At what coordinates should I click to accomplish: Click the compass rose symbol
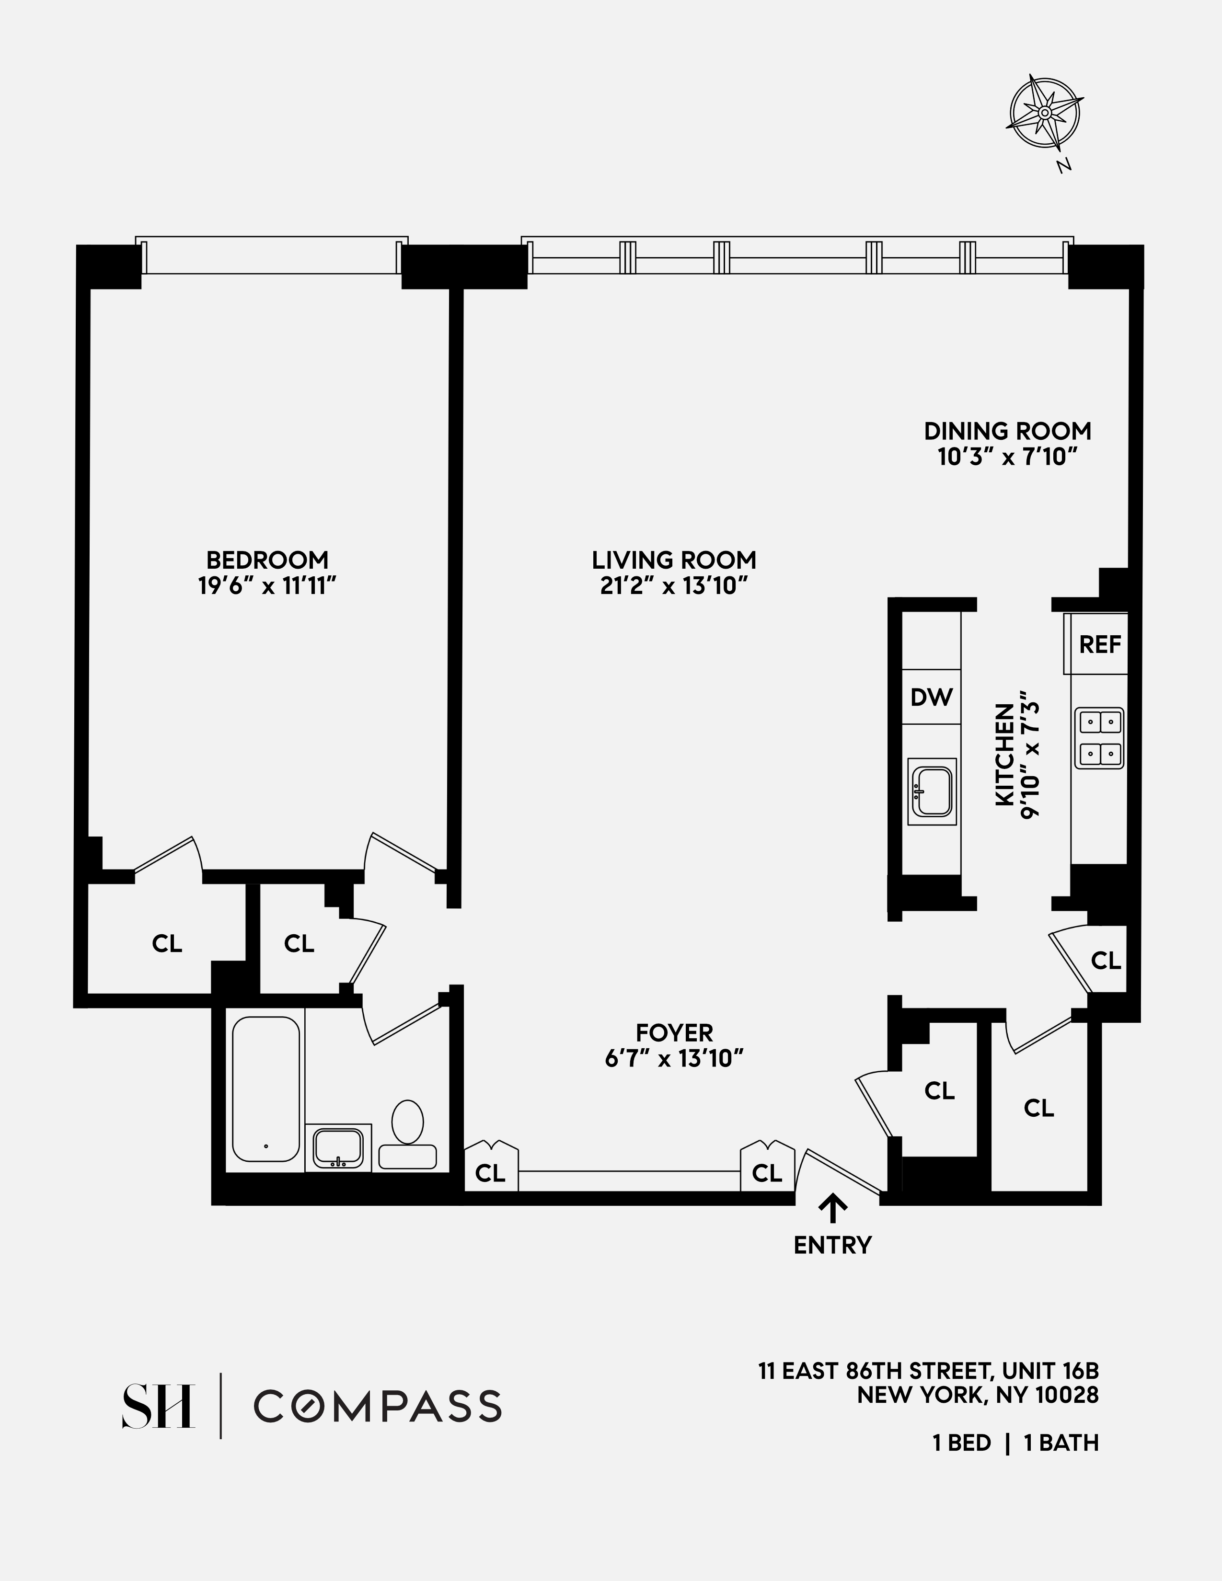1045,113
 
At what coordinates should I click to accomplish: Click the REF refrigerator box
1100,644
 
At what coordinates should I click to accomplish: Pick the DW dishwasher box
932,697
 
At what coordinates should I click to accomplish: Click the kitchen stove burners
1099,738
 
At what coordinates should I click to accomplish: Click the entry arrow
832,1207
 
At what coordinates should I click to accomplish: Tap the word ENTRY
832,1245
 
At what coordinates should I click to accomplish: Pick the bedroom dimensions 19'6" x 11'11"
267,585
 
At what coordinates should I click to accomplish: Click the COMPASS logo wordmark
377,1406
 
